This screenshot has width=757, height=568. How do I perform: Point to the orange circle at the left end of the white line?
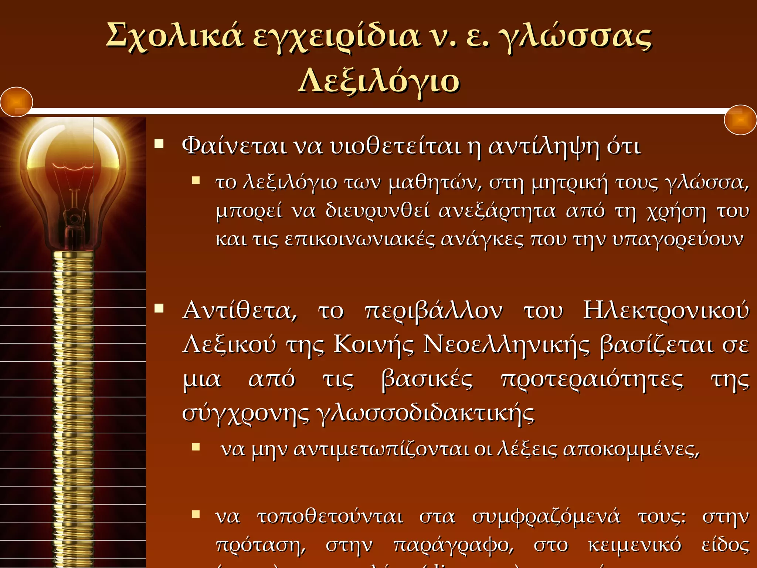[16, 102]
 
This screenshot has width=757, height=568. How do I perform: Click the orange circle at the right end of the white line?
[740, 120]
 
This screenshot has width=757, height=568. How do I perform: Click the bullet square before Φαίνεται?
[159, 143]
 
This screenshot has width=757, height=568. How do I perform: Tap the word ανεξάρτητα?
[497, 212]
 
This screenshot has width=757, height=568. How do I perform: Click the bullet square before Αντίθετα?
[159, 308]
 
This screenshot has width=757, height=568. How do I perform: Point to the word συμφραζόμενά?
[546, 517]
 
